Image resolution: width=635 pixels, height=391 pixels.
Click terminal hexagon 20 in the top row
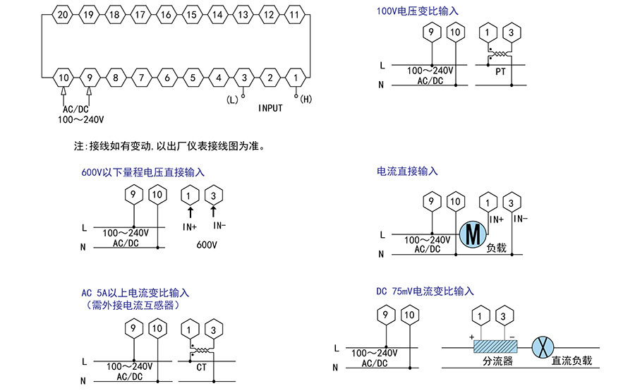(x=63, y=14)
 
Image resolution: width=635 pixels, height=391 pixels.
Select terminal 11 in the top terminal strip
(x=296, y=14)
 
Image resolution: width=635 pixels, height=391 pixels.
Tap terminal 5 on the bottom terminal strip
(x=192, y=77)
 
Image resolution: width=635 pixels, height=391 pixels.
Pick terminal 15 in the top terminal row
(x=192, y=14)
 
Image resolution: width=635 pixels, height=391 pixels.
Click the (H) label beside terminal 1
(x=306, y=100)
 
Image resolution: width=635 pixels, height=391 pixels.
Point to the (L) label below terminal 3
(x=232, y=100)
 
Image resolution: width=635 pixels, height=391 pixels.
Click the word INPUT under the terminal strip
(x=270, y=108)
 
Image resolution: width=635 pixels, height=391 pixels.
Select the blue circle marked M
(x=472, y=234)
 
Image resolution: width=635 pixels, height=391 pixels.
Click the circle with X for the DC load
(x=543, y=346)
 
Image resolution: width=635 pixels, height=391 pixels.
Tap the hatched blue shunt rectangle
(x=496, y=346)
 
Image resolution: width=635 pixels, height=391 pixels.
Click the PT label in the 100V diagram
(x=500, y=73)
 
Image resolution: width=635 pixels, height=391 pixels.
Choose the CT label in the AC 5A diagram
(x=201, y=367)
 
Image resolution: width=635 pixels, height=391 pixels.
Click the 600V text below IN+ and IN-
(x=207, y=244)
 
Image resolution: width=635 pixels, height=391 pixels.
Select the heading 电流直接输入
(x=407, y=172)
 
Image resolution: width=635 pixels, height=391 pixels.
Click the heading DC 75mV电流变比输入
(x=425, y=291)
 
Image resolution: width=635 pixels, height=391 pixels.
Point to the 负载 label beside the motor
(x=496, y=248)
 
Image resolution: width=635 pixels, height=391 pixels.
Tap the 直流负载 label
(x=571, y=361)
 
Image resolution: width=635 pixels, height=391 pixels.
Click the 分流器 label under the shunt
(x=497, y=361)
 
